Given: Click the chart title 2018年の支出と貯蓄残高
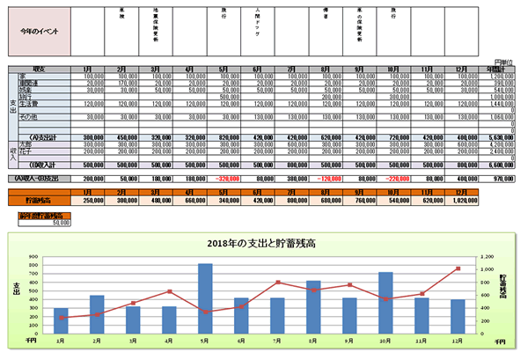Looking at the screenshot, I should (260, 243).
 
